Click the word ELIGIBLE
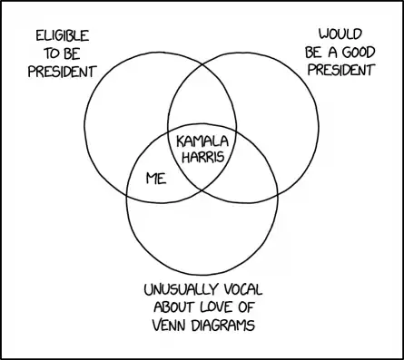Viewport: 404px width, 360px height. click(62, 35)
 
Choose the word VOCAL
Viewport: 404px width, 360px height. click(251, 290)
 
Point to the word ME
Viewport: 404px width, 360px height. click(157, 180)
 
